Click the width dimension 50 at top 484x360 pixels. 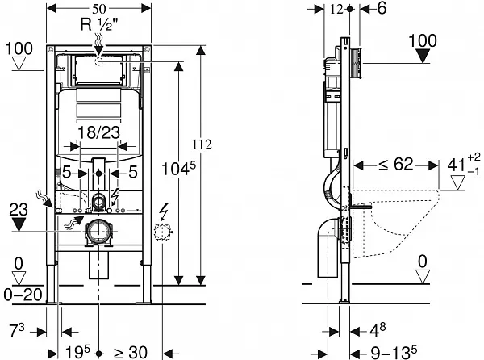point(98,7)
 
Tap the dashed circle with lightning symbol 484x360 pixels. point(165,234)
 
